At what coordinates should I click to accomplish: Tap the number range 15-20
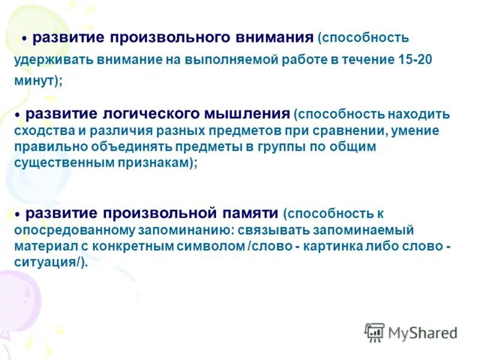coord(415,61)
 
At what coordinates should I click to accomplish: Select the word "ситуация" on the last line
coord(46,263)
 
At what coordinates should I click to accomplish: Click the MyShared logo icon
coord(374,332)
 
